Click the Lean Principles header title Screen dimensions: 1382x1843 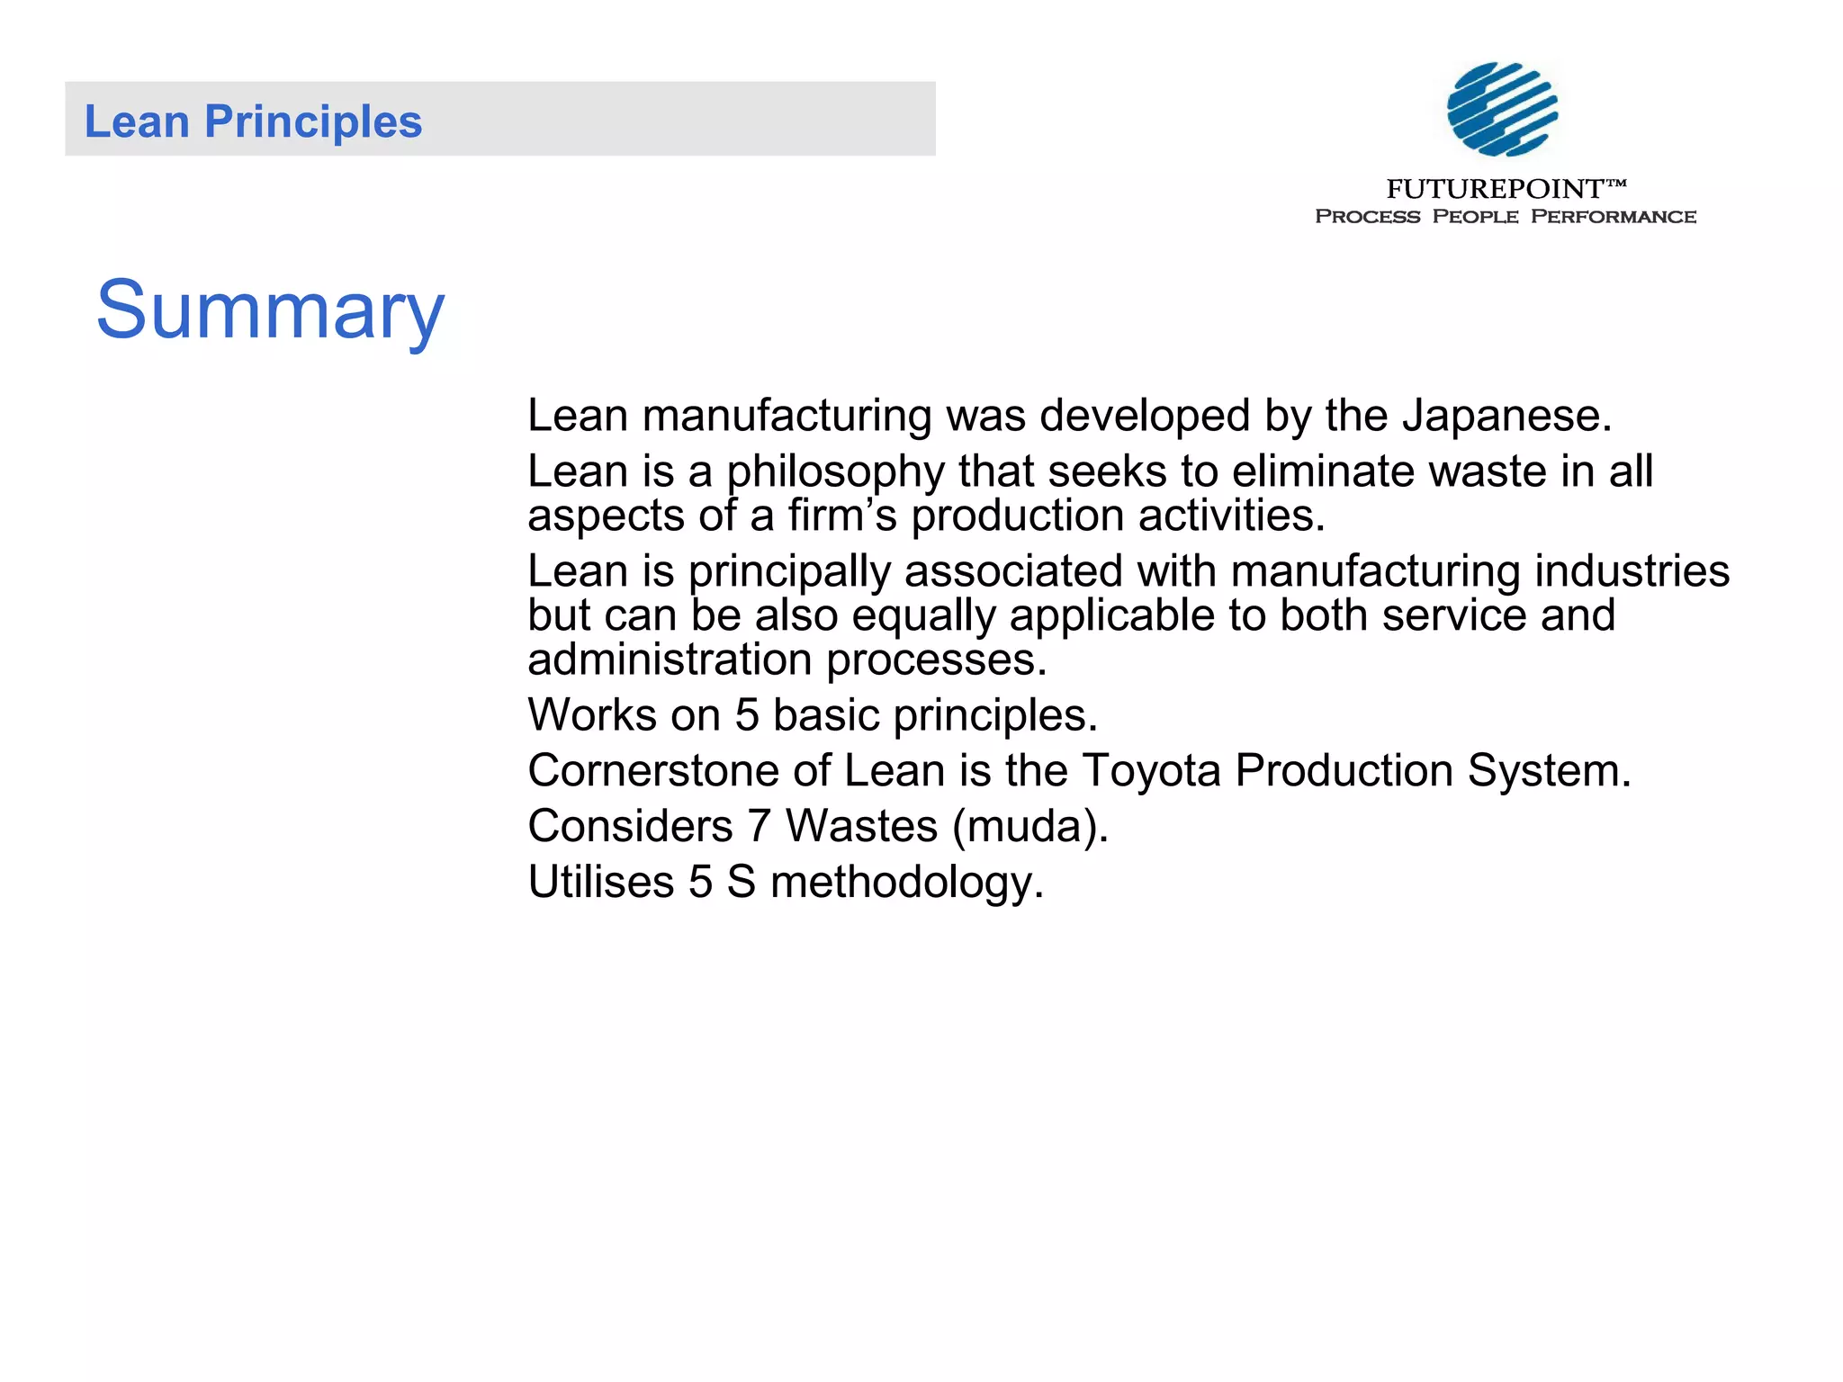(x=253, y=121)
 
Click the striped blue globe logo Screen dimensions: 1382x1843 (x=1502, y=109)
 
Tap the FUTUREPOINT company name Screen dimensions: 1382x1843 (x=1495, y=189)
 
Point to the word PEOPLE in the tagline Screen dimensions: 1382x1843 (x=1475, y=217)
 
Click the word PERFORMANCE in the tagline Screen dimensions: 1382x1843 (x=1613, y=217)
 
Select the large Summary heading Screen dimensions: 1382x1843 (x=270, y=310)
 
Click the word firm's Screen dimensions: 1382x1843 (x=842, y=516)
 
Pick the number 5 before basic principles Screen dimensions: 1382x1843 (x=747, y=715)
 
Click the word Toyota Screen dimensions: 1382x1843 (x=1150, y=771)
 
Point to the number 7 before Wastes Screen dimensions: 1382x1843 (x=760, y=826)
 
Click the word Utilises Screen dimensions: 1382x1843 (x=600, y=882)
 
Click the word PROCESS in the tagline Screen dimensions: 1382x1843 (x=1367, y=217)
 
